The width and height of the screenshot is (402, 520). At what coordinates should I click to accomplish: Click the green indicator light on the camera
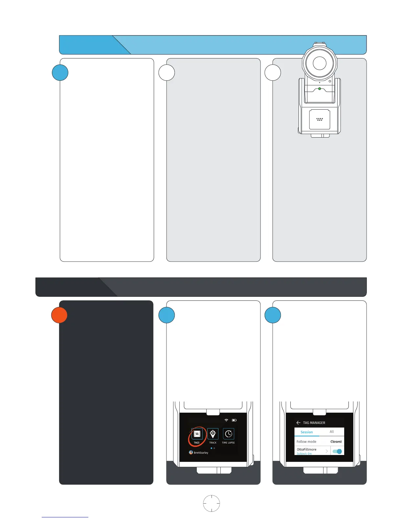point(320,89)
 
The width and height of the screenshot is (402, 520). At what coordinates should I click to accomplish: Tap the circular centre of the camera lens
point(320,63)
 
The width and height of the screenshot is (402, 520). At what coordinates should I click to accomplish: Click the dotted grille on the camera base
point(320,119)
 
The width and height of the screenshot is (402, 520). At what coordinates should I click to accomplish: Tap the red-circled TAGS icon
point(197,434)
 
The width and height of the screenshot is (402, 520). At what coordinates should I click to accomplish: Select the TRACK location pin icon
point(213,434)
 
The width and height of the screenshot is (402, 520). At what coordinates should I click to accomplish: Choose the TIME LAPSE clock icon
point(229,434)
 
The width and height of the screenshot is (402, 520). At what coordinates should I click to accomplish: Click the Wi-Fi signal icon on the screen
point(226,420)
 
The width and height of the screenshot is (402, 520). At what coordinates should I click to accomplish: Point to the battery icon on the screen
point(234,420)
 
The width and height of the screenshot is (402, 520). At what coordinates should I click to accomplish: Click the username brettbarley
point(201,453)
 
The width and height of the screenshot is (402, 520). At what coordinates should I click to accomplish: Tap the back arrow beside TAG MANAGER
point(298,423)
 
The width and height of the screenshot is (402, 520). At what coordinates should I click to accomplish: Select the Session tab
point(307,432)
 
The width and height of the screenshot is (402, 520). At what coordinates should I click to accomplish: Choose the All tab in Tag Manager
point(332,432)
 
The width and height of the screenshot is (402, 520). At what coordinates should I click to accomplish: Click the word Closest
point(336,442)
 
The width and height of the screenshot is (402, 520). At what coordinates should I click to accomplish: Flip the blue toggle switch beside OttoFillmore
point(337,451)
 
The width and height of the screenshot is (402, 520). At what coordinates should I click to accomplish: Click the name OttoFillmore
point(306,449)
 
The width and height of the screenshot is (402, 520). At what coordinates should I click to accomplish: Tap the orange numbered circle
point(59,315)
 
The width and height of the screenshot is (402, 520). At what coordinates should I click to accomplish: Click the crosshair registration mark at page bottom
point(212,503)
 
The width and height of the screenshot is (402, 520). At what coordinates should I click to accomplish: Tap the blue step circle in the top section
point(60,73)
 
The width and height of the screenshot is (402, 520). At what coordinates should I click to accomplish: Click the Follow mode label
point(306,442)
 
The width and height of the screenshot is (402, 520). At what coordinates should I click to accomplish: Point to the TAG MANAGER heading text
point(314,423)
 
